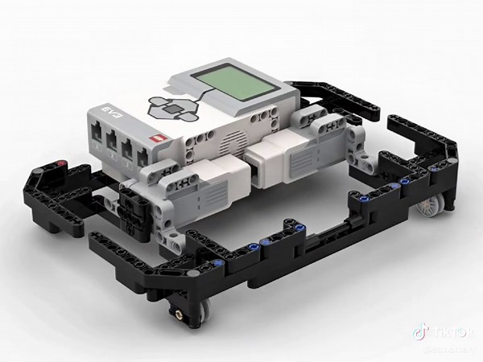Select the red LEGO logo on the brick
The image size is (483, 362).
coord(158,138)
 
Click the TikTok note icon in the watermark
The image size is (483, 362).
coord(419,331)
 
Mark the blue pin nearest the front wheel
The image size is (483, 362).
coord(220,264)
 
